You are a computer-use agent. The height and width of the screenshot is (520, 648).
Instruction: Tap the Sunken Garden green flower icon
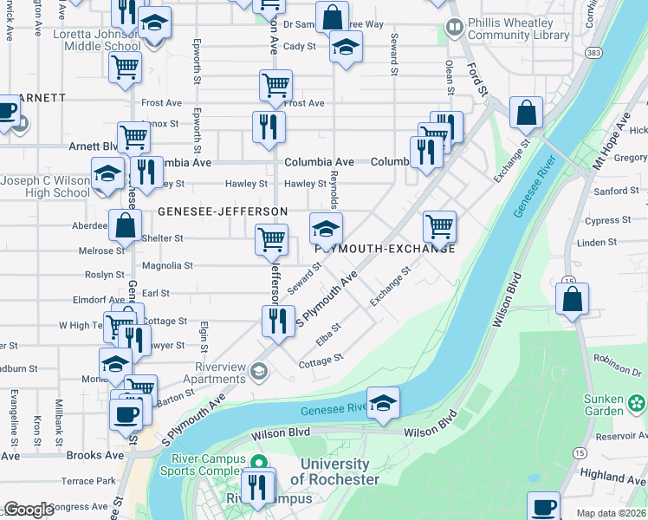(x=638, y=402)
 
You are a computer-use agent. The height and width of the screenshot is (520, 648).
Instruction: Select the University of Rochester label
(x=334, y=472)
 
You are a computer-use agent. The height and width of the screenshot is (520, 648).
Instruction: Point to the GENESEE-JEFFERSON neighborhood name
(x=223, y=211)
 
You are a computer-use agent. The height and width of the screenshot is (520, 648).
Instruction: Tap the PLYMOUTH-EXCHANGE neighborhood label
(x=385, y=249)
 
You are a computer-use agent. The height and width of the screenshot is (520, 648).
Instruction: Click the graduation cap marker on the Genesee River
(x=383, y=404)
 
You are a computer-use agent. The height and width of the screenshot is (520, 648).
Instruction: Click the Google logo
(x=29, y=510)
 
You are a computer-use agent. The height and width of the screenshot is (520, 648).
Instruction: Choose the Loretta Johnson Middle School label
(x=90, y=39)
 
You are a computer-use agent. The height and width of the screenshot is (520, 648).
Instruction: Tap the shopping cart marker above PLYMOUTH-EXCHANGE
(x=439, y=227)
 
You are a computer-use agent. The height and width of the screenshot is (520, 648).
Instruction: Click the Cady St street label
(x=300, y=46)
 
